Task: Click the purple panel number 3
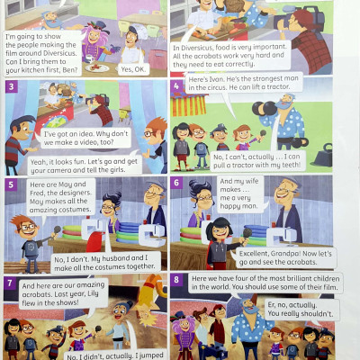pyautogui.click(x=12, y=87)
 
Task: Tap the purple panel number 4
pyautogui.click(x=176, y=86)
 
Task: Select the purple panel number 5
pyautogui.click(x=11, y=184)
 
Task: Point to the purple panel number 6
pyautogui.click(x=176, y=183)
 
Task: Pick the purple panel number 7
pyautogui.click(x=10, y=283)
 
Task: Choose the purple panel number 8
pyautogui.click(x=176, y=280)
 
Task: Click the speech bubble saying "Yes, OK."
pyautogui.click(x=133, y=69)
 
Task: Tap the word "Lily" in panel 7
pyautogui.click(x=93, y=293)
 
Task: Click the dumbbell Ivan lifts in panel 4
pyautogui.click(x=265, y=109)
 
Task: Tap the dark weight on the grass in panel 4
pyautogui.click(x=322, y=156)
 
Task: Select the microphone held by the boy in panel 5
pyautogui.click(x=57, y=230)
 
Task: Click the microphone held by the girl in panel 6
pyautogui.click(x=247, y=233)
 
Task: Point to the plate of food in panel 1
pyautogui.click(x=97, y=67)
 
